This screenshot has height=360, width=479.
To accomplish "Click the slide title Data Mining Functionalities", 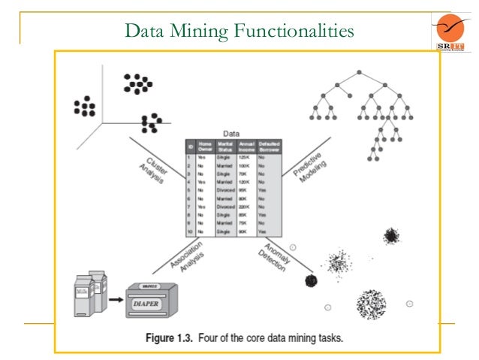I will tap(239, 31).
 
